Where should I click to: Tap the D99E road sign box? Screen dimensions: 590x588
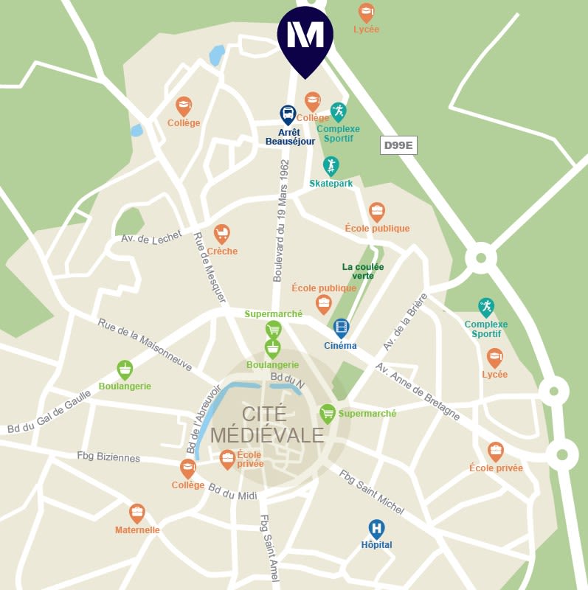point(398,145)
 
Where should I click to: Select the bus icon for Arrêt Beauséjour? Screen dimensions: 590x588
point(288,114)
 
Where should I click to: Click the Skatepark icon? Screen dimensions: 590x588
point(331,165)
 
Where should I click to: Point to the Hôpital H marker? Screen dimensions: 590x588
point(376,528)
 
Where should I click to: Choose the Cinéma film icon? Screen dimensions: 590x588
point(341,327)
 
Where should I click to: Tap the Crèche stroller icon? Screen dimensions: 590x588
point(221,234)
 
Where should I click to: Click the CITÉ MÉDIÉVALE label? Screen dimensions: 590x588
point(267,425)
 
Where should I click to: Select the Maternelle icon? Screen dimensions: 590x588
point(137,513)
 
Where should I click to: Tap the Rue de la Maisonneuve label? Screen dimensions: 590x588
point(145,344)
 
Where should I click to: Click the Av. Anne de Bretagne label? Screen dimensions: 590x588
point(418,392)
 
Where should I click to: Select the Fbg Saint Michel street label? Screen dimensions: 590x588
point(372,492)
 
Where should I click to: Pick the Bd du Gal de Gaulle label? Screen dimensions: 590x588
point(49,411)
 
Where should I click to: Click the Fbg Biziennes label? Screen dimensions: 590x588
point(108,457)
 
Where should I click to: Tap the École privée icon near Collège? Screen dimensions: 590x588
point(228,459)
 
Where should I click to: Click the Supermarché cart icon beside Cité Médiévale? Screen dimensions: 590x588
point(328,413)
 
